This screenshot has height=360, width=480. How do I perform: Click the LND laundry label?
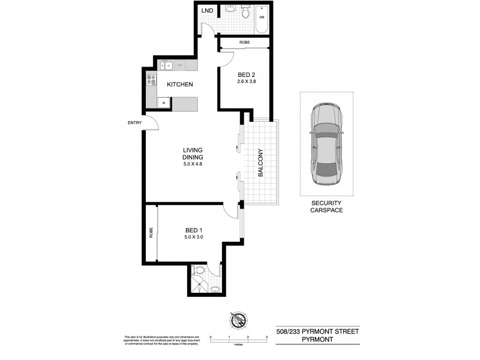(207, 10)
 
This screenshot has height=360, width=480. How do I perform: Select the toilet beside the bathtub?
(245, 13)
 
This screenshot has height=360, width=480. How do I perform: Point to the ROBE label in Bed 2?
(245, 43)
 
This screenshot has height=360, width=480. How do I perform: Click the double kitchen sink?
(166, 65)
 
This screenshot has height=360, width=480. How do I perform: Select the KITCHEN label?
(179, 85)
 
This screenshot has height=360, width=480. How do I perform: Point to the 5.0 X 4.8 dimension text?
(194, 164)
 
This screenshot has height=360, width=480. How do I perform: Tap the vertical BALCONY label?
(261, 163)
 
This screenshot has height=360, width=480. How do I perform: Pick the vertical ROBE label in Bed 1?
(151, 233)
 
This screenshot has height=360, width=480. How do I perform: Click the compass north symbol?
(238, 321)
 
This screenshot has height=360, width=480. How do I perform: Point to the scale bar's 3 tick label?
(266, 338)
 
